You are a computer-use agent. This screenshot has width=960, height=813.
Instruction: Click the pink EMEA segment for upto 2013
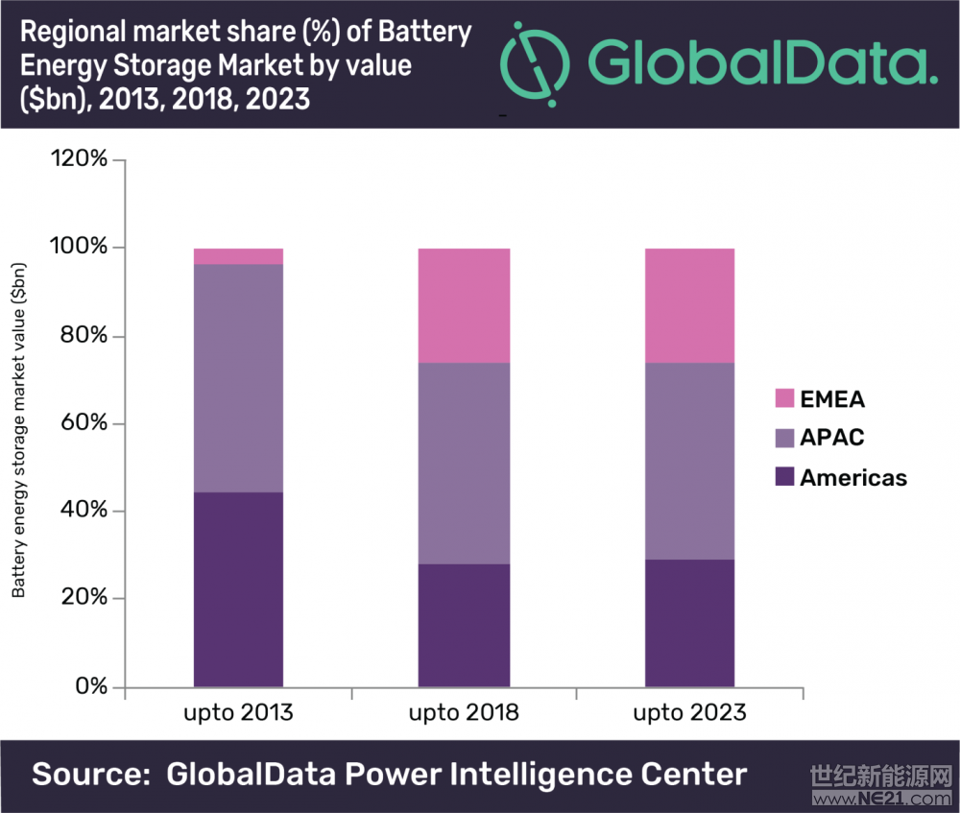tap(238, 256)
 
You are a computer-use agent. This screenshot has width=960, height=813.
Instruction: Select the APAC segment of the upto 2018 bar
tap(464, 463)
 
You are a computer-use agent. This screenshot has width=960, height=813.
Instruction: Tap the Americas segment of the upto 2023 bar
tap(689, 623)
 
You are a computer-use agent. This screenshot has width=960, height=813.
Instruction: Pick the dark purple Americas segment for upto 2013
tap(238, 589)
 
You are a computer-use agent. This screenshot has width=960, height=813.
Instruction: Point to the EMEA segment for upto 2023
tap(689, 305)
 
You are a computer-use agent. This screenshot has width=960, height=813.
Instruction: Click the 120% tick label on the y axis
tap(78, 160)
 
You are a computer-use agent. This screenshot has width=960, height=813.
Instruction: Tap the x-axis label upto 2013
tap(238, 714)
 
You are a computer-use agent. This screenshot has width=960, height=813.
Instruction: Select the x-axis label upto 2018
tap(464, 714)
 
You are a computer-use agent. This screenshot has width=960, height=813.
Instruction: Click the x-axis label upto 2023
tap(689, 714)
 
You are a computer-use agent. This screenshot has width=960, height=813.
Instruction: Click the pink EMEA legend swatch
tap(783, 397)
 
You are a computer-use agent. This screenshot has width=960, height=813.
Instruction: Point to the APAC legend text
tap(832, 438)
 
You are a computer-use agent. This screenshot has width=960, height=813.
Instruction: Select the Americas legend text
tap(853, 477)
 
